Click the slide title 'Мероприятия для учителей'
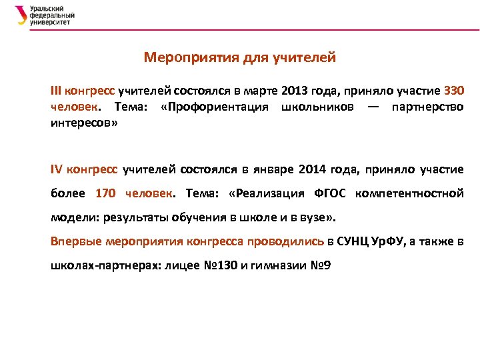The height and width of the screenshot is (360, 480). (x=239, y=58)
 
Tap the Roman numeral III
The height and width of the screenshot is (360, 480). (x=57, y=91)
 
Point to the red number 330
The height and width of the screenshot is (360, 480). (x=453, y=91)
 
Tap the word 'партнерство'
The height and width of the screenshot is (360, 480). (x=427, y=107)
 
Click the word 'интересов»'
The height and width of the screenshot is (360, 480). (x=84, y=123)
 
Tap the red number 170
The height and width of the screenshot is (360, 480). (x=106, y=194)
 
